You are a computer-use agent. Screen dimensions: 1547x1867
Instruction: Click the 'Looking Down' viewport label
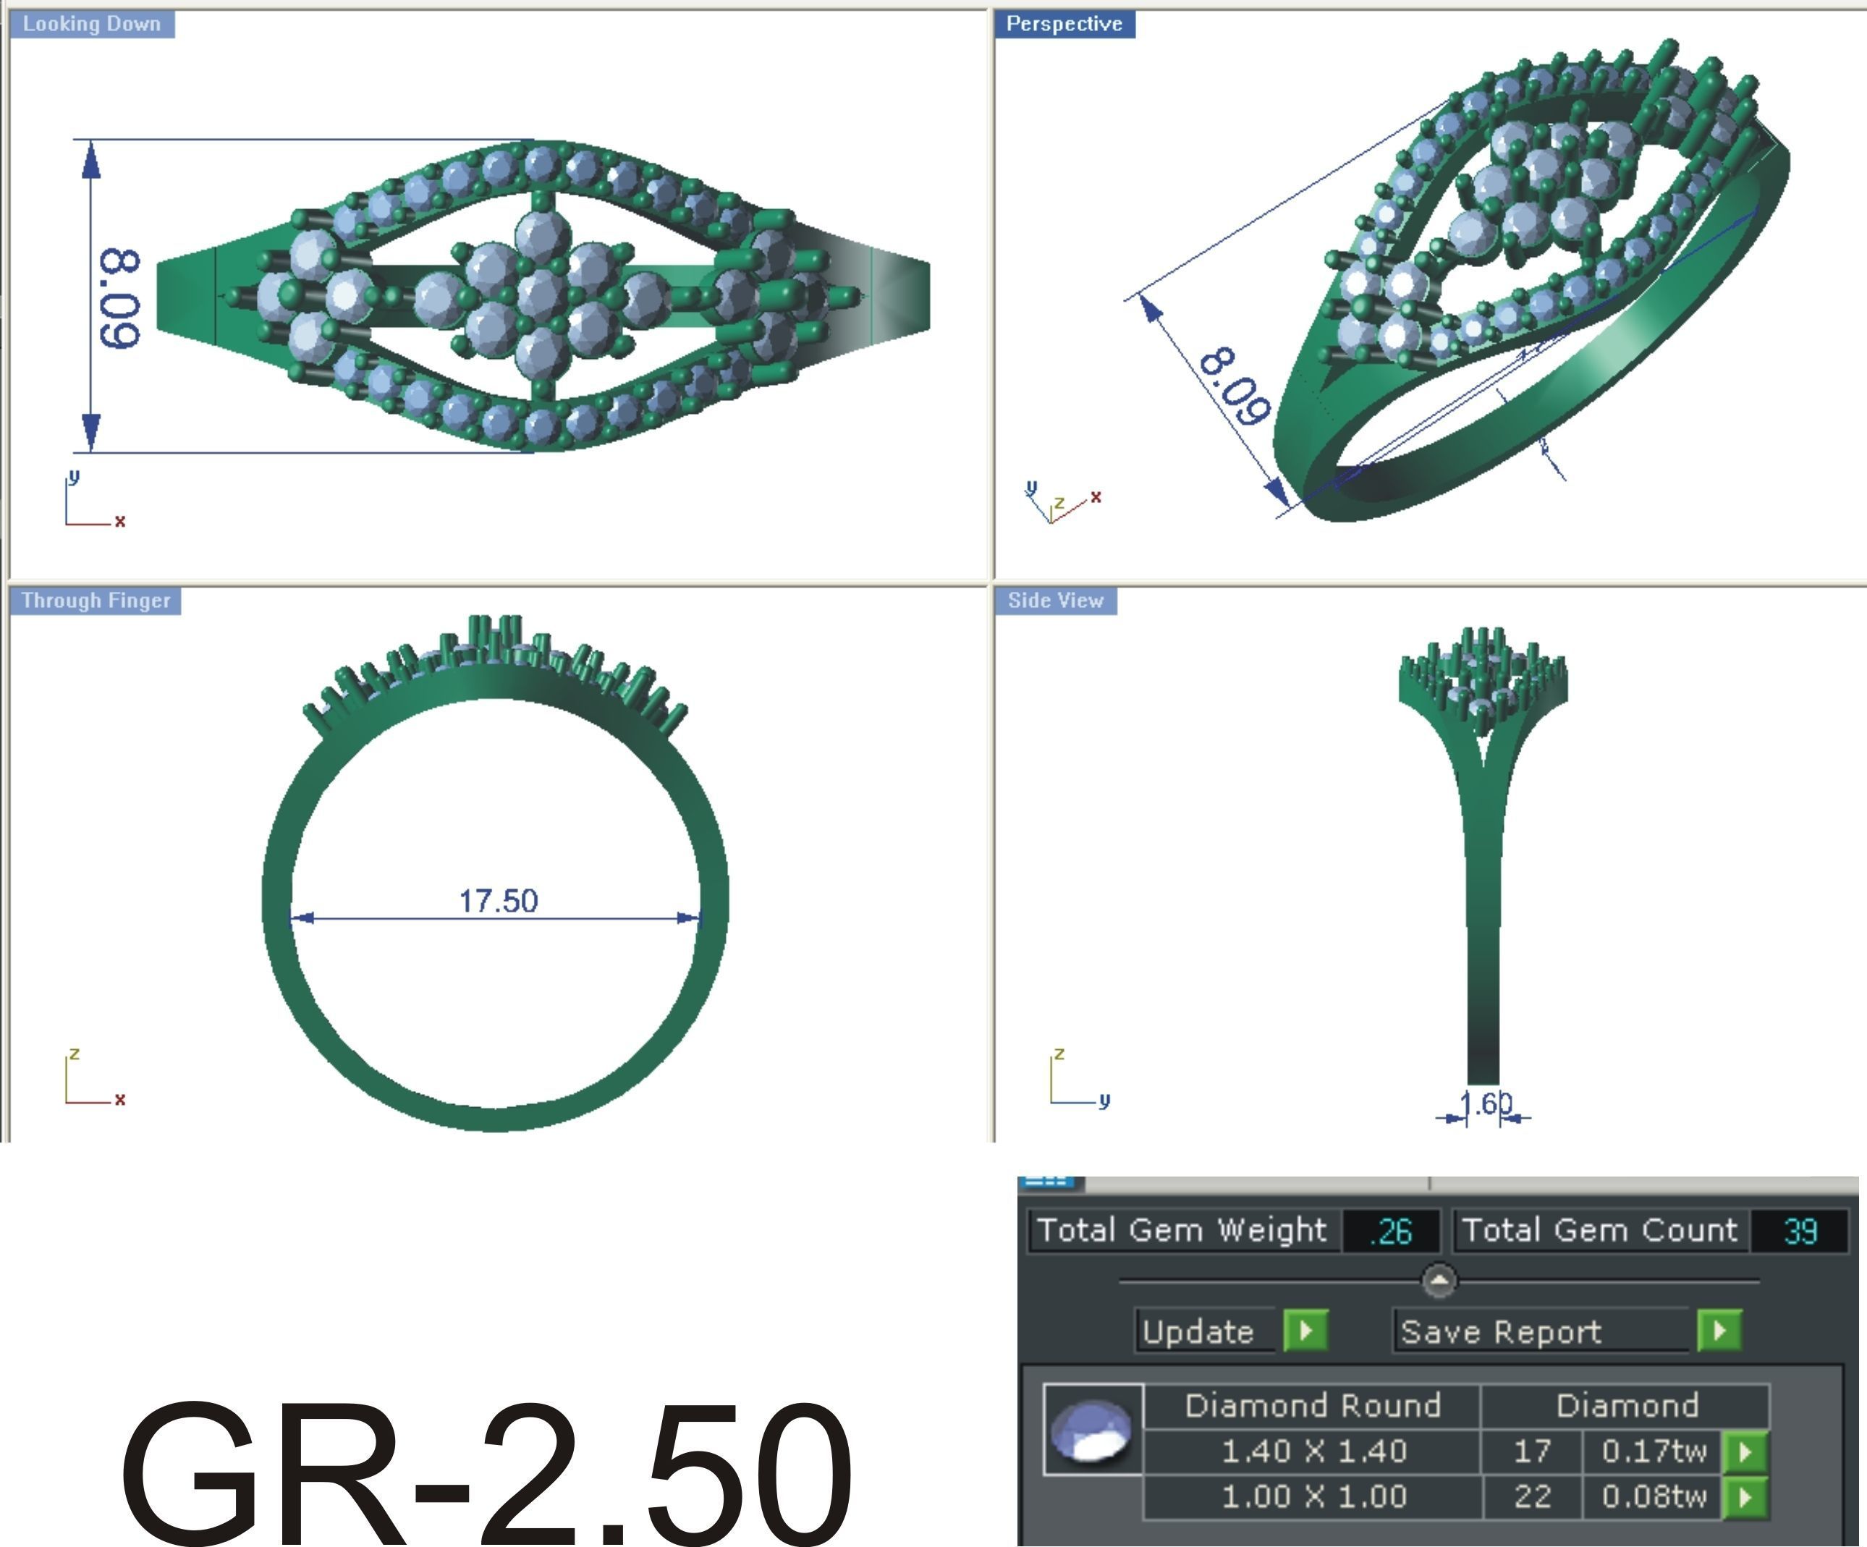pos(92,24)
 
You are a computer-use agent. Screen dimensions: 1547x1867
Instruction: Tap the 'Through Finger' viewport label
pos(95,601)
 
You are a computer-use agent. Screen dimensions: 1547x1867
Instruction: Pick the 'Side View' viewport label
pos(1055,601)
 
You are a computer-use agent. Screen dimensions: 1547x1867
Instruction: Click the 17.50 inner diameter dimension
pos(498,902)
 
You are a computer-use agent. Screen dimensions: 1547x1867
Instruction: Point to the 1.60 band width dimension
pos(1485,1104)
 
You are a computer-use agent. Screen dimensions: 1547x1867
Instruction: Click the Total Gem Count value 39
pos(1800,1232)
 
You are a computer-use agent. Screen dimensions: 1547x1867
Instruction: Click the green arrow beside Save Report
pos(1719,1331)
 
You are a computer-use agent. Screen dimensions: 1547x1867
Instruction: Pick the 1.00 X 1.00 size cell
pos(1313,1497)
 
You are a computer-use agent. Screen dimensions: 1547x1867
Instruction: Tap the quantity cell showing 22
pos(1532,1497)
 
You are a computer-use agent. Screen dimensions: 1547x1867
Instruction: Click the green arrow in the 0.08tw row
pos(1744,1498)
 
